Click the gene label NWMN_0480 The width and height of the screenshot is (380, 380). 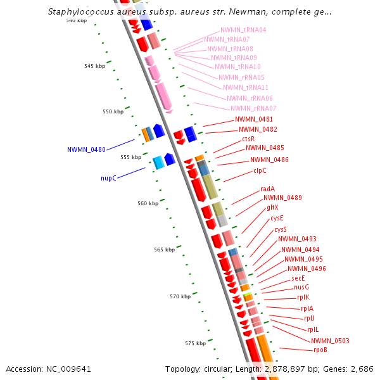[86, 150]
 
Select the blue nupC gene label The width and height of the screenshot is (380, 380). [108, 179]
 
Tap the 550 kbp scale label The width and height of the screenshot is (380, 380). [113, 111]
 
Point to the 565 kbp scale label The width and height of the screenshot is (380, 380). [164, 250]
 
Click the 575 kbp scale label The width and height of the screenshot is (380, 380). [195, 343]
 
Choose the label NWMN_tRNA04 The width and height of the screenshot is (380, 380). [243, 30]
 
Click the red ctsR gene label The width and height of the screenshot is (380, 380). [248, 139]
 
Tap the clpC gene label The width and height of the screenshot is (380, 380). [260, 170]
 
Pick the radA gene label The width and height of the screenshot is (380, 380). [267, 189]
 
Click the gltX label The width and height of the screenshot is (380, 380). [272, 207]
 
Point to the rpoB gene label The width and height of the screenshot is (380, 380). [320, 350]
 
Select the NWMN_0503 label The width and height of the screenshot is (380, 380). [330, 341]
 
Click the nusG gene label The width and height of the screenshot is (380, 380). [301, 287]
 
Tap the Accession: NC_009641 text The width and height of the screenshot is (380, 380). [49, 369]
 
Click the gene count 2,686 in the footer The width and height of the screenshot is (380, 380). [361, 369]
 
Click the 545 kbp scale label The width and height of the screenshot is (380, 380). [94, 66]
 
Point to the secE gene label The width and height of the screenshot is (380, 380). [298, 278]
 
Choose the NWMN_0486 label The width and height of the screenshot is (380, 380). [269, 160]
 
